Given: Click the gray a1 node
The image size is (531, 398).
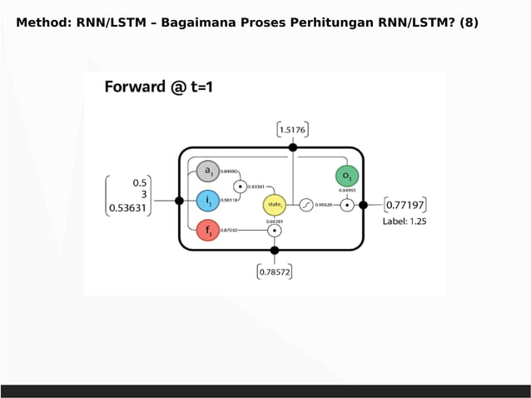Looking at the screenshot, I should point(207,172).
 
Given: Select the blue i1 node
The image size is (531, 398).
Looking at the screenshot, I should point(207,201).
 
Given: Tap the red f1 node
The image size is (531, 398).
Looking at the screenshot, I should point(207,230).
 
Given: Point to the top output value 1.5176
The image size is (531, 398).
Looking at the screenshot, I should point(292,129).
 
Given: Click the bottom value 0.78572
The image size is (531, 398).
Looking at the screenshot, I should point(275,271).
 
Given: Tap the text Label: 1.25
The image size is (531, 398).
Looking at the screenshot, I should point(404,222).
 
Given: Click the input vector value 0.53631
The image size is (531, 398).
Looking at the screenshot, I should point(128,209).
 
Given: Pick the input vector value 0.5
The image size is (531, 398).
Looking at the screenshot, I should point(140,182).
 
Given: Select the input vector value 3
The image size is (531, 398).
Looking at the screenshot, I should point(143,196).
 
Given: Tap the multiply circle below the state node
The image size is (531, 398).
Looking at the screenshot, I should point(274,230).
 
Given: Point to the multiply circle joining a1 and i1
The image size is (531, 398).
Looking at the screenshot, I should point(240,187).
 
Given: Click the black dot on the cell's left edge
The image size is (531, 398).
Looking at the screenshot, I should point(179,201).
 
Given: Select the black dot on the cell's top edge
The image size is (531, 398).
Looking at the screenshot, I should point(292,147).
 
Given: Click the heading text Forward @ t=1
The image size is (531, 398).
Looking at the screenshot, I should point(158,87).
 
